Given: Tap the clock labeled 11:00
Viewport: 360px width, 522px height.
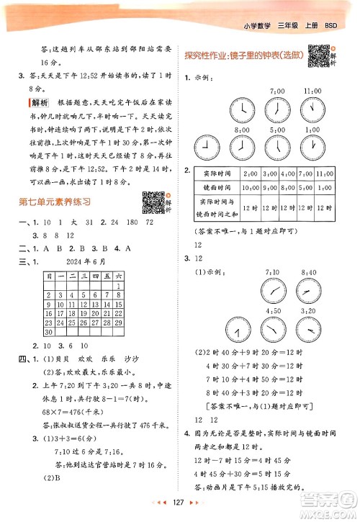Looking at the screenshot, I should pos(312,108).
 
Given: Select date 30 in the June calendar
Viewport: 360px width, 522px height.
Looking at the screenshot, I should pos(48,332).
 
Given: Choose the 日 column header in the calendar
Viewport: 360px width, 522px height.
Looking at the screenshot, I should pos(48,275).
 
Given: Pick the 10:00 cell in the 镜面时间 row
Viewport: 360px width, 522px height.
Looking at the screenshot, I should pos(251,186).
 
